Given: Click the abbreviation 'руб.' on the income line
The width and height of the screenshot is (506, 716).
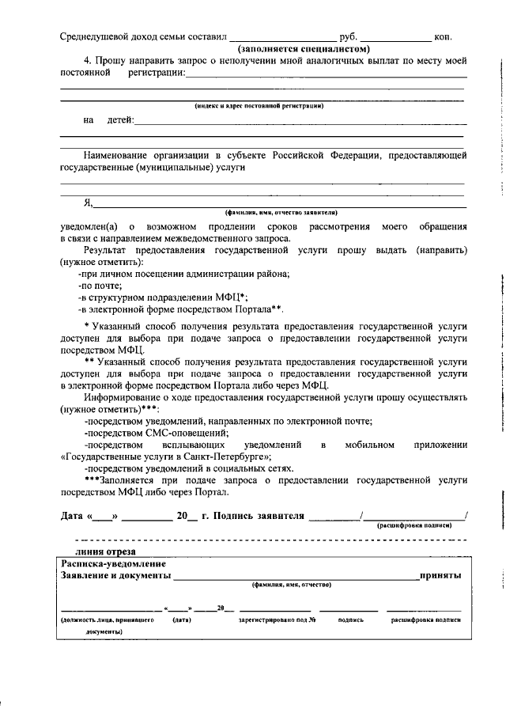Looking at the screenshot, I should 348,37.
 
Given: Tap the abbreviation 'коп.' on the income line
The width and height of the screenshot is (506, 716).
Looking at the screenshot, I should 443,37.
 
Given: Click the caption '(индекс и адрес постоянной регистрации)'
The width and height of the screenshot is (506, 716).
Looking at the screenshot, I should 259,105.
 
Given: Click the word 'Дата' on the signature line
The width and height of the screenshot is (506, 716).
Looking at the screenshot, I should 74,516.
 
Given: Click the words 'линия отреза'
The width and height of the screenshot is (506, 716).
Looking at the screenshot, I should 105,551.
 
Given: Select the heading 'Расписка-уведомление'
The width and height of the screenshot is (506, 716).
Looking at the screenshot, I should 113,564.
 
